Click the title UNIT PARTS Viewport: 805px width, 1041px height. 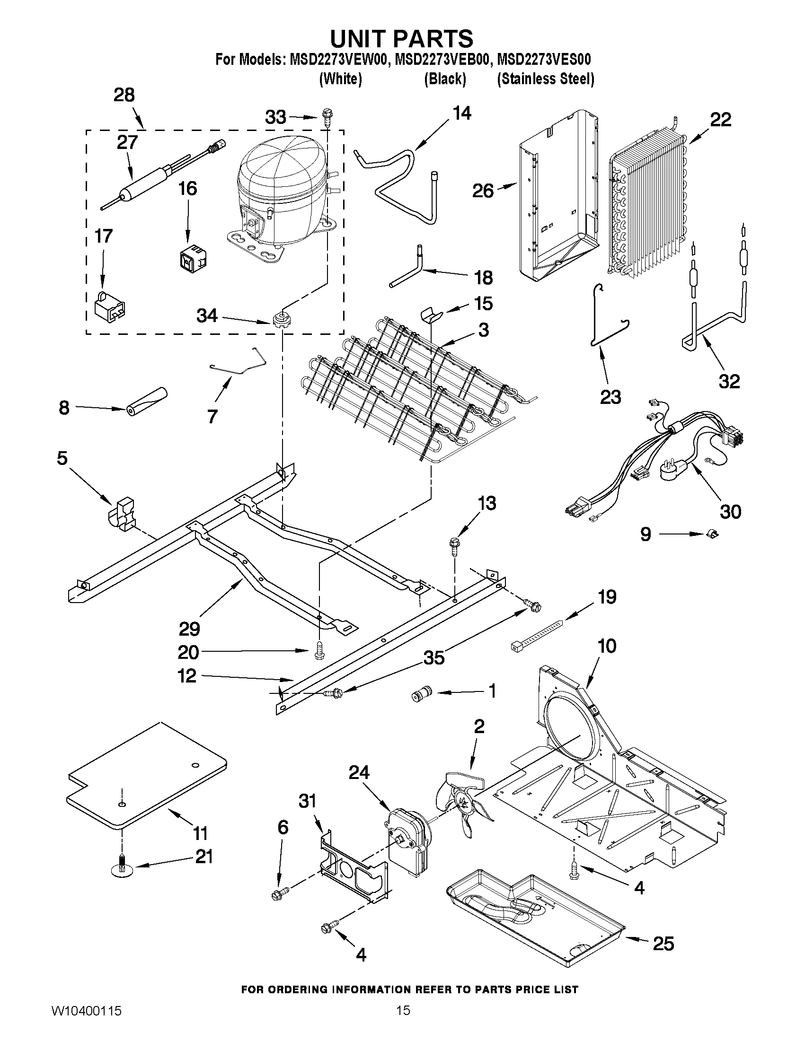point(402,38)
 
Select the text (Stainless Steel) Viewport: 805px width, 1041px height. point(546,79)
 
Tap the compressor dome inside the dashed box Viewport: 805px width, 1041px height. point(282,176)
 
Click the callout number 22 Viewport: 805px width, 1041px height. point(720,120)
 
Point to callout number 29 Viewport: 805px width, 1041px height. point(189,629)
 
